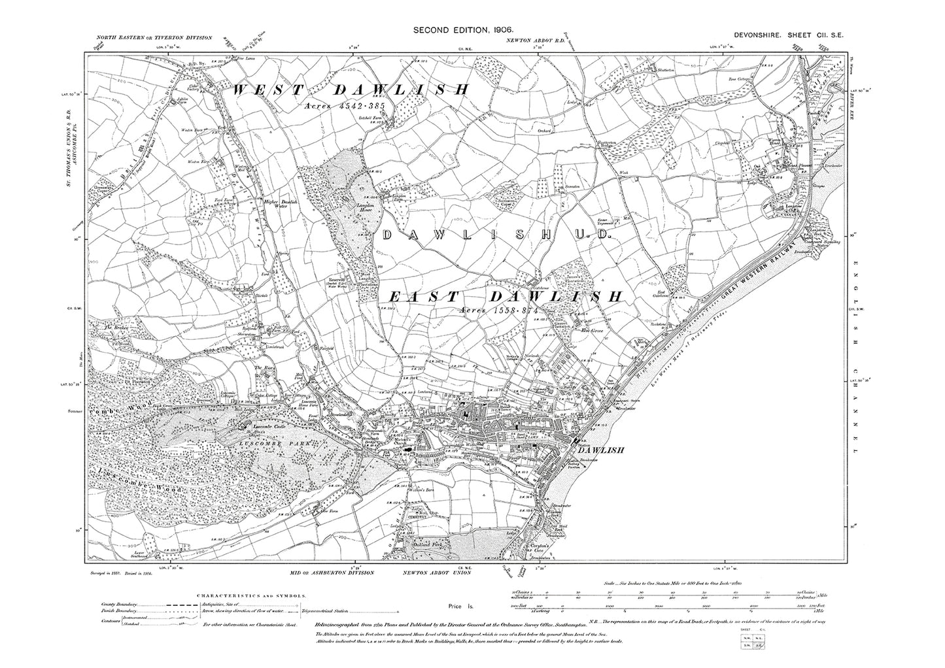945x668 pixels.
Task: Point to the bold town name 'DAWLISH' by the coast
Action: [600, 450]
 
